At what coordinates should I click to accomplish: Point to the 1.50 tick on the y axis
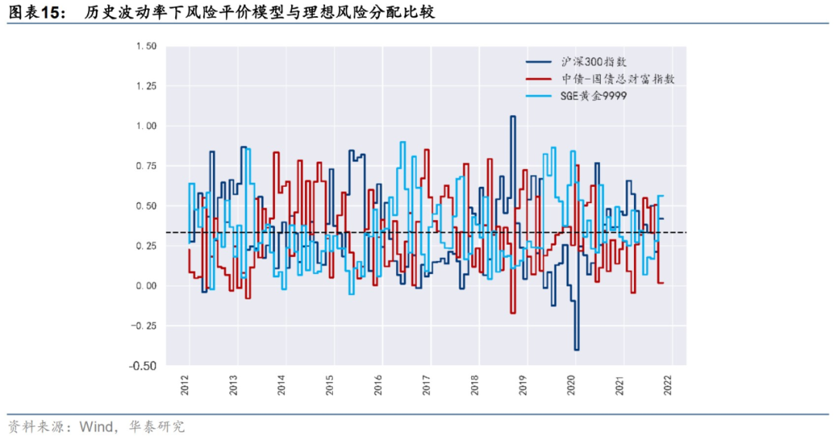tap(146, 46)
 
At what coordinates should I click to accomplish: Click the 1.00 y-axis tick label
tap(146, 126)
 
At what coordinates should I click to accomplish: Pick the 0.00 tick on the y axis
tap(146, 286)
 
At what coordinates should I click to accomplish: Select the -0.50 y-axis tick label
tap(144, 365)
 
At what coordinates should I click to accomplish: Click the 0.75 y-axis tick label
tap(146, 166)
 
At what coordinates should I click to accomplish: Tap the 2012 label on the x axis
tap(185, 385)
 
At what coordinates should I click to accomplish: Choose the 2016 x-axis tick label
tap(378, 385)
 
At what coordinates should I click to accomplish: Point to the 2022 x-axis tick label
tap(668, 385)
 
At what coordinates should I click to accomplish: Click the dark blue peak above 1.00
tap(512, 117)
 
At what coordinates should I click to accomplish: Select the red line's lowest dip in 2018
tap(512, 313)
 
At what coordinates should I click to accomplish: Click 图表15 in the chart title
tap(36, 12)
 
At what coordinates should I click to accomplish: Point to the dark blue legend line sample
tap(538, 62)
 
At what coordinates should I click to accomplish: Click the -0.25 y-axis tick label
tap(144, 326)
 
